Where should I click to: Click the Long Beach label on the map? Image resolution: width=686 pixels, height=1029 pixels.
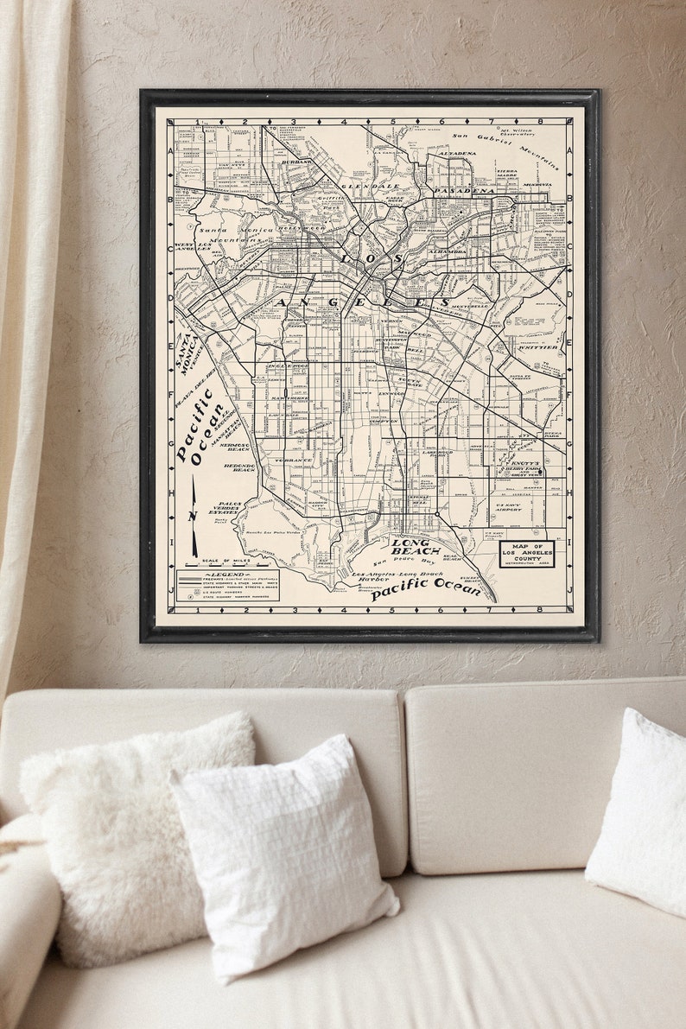[410, 546]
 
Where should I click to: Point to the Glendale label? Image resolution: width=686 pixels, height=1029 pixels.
[371, 186]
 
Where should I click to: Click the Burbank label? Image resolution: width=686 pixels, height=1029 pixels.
[297, 162]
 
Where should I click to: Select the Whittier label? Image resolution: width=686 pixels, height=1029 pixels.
[537, 347]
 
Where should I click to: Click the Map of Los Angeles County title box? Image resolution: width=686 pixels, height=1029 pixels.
[527, 554]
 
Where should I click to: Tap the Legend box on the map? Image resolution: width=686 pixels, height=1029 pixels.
[228, 585]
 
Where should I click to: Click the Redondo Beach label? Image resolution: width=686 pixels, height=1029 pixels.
[239, 467]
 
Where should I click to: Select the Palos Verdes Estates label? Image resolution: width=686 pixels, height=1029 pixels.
[230, 507]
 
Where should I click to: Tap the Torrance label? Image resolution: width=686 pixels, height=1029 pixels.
[294, 461]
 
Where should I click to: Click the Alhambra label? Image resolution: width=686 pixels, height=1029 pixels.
[447, 251]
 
